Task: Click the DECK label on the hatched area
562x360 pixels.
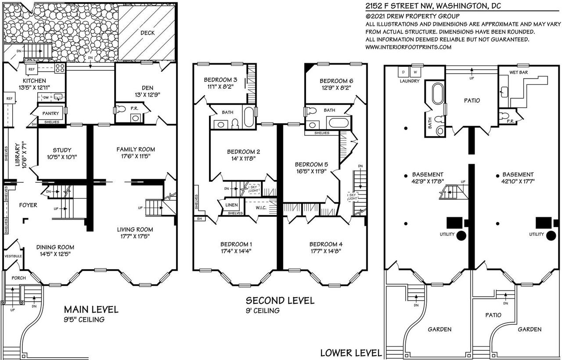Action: click(148, 33)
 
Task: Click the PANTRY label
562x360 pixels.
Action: click(50, 113)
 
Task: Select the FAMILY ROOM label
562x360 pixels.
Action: click(136, 149)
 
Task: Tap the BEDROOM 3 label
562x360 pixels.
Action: click(220, 80)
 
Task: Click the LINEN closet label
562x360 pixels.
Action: click(232, 205)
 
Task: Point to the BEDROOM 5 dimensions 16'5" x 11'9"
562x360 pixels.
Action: click(311, 173)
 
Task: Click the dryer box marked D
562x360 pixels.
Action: click(403, 71)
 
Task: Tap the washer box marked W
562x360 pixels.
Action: click(416, 71)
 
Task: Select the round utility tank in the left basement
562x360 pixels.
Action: click(461, 235)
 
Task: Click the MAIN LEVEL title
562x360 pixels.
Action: click(91, 310)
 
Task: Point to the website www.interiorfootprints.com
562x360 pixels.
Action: click(408, 47)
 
